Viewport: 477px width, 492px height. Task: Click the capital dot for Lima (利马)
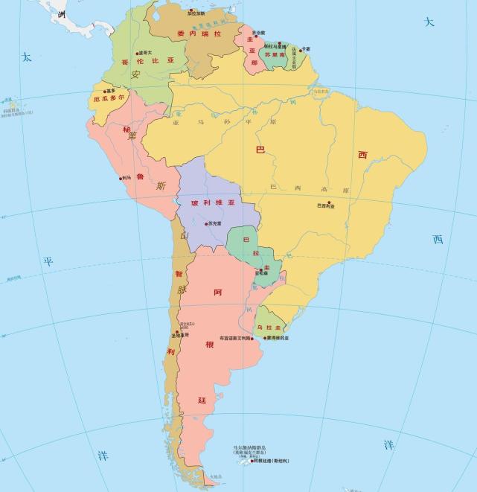coord(120,178)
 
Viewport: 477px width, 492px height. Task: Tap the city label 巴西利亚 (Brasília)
coord(326,205)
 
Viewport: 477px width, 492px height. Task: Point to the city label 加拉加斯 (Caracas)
coord(196,13)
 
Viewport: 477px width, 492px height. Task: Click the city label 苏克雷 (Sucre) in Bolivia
coord(214,223)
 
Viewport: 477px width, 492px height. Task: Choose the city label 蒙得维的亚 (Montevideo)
coord(275,337)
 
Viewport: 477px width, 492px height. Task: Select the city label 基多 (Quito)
coord(111,91)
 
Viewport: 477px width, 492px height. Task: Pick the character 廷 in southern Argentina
coord(202,400)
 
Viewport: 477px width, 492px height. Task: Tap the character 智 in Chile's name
coord(179,274)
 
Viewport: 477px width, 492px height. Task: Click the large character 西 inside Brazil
coord(362,155)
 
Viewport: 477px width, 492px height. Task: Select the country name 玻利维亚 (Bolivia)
coord(213,202)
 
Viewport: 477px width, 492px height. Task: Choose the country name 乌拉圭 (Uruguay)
coord(269,328)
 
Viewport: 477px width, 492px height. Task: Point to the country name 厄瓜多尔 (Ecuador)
coord(109,98)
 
